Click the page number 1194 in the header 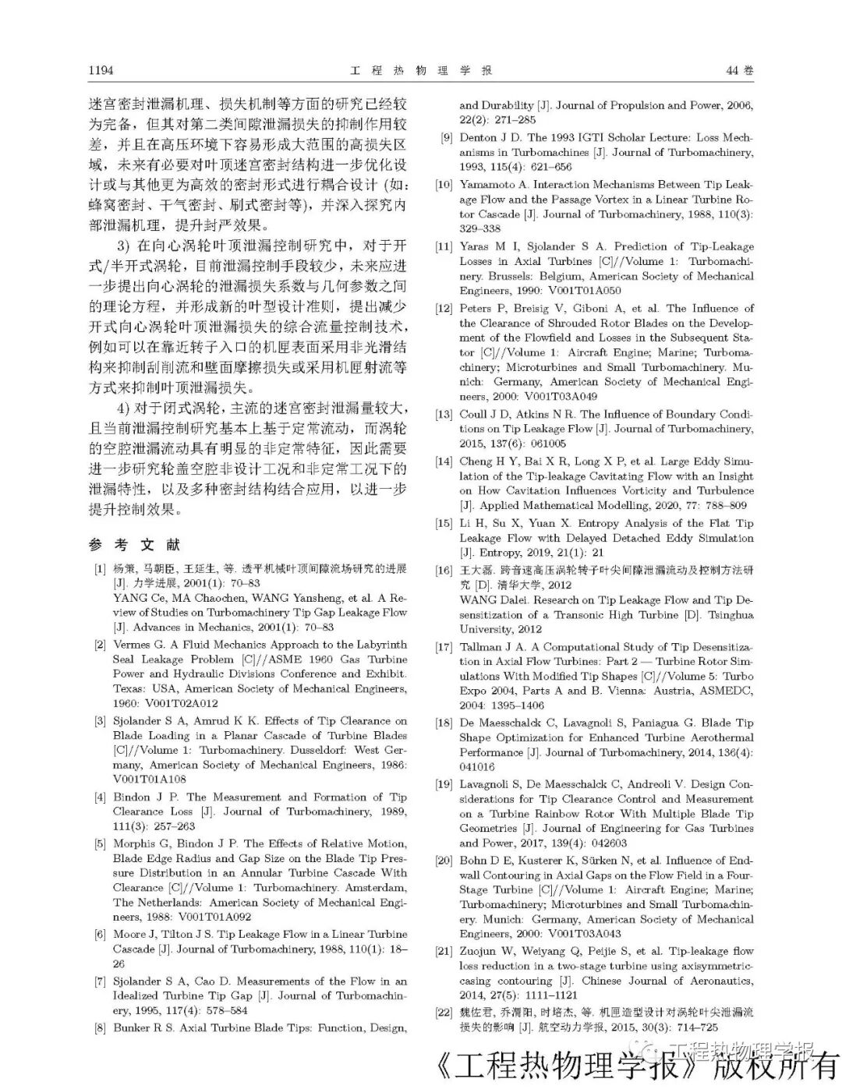click(101, 70)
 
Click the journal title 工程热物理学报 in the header click(421, 70)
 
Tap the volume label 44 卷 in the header click(739, 70)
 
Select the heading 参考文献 click(134, 545)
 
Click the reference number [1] click(100, 568)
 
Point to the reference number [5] click(100, 843)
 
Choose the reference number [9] click(446, 137)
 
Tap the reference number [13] click(444, 415)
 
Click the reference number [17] click(444, 647)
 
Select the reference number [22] click(444, 1012)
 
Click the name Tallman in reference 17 click(481, 647)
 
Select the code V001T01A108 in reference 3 click(150, 779)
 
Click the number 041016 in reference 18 click(476, 767)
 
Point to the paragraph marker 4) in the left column click(124, 408)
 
